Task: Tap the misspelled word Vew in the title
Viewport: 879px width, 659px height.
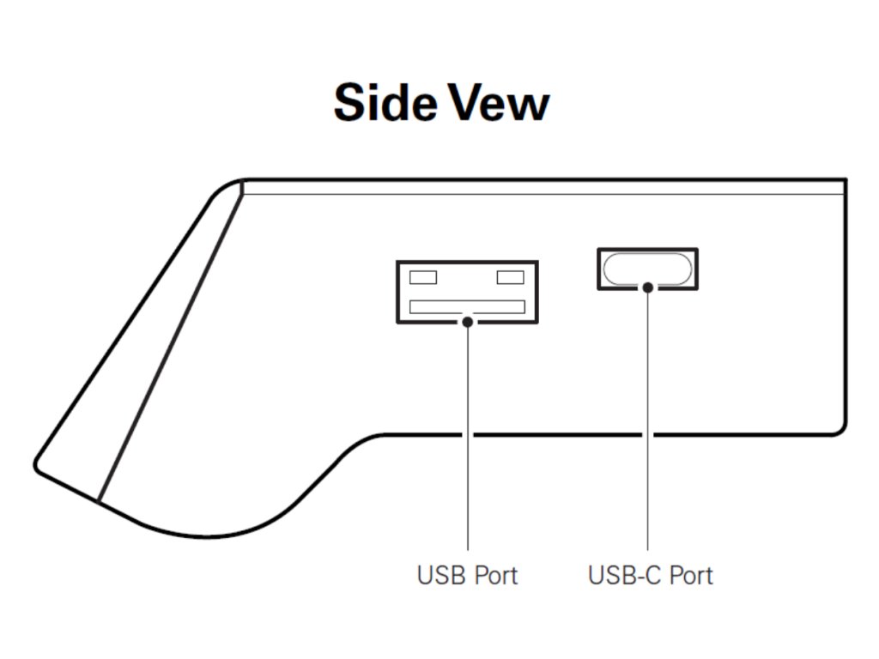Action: (x=500, y=102)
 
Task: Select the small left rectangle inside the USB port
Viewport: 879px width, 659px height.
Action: (x=423, y=277)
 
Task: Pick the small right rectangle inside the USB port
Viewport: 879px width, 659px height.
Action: (x=511, y=277)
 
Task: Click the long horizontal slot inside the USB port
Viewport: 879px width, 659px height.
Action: (x=467, y=306)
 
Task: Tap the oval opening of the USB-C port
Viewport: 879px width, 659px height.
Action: (x=647, y=269)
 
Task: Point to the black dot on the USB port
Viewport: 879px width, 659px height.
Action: (x=468, y=322)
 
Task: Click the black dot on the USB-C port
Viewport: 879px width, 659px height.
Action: (x=648, y=288)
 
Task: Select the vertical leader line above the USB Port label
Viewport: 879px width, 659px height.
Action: (x=468, y=446)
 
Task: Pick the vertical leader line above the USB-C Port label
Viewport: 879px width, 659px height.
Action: (x=648, y=429)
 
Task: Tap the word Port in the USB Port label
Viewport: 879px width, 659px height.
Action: (x=496, y=574)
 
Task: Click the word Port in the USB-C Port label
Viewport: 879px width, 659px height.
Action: (x=691, y=574)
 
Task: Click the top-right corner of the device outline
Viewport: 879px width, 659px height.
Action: (x=845, y=181)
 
